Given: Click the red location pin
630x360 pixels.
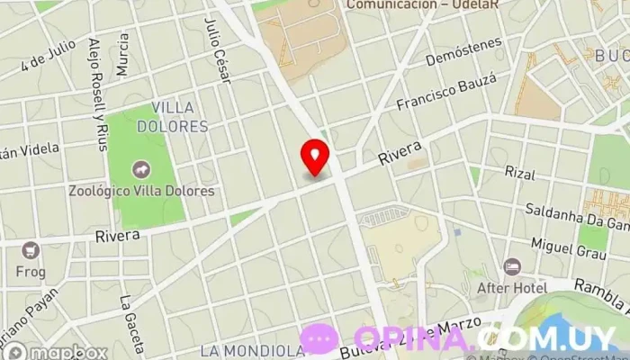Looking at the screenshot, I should pos(315,156).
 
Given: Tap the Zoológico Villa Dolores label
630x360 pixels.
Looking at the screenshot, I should pos(142,191).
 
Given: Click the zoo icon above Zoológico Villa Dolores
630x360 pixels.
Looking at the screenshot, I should pos(141,169).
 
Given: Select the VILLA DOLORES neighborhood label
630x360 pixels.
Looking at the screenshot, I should pos(179,117).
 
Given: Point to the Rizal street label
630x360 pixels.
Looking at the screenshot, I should pos(520,172).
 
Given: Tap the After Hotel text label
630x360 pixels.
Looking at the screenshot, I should pos(512,287).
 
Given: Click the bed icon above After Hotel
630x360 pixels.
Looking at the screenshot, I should pos(512,267).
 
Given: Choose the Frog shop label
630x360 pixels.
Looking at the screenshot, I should pos(31,270).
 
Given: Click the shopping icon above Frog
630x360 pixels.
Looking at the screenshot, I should pos(31,250).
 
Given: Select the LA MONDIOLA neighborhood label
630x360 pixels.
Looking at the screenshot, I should pos(253,350).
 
